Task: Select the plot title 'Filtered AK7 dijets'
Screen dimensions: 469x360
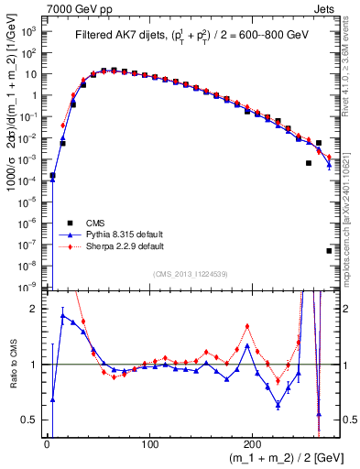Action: [122, 36]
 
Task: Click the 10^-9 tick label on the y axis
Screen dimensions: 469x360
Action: [28, 288]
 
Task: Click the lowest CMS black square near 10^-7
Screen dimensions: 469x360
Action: [329, 250]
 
